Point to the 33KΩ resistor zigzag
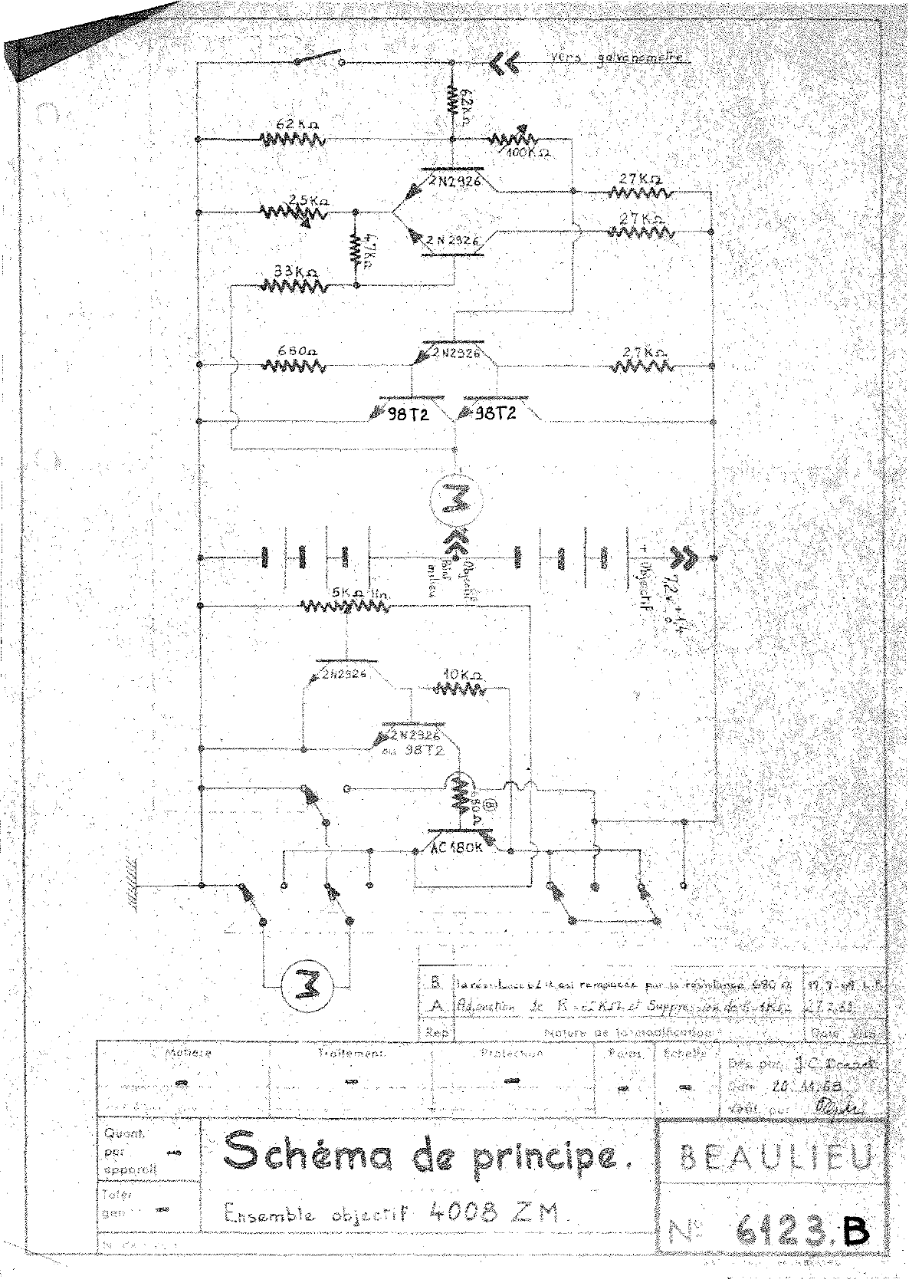point(294,285)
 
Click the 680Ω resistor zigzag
point(293,365)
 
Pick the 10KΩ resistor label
point(462,676)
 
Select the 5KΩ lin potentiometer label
point(353,594)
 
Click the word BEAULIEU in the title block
point(776,1159)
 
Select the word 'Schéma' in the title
point(287,1153)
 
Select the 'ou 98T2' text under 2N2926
point(413,750)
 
